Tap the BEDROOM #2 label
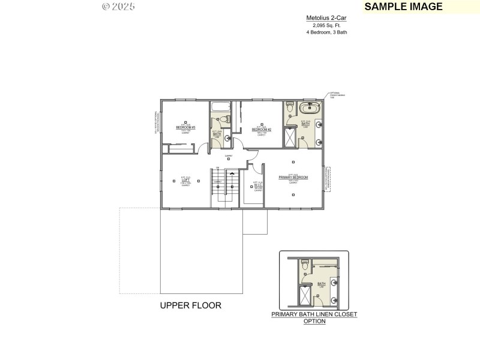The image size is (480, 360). (262, 130)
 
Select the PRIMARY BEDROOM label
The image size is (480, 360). (293, 178)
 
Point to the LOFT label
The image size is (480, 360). (185, 180)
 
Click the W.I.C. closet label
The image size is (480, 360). (258, 185)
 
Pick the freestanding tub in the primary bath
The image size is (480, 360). (310, 109)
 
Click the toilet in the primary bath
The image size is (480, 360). (289, 109)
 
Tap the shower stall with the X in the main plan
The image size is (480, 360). (289, 137)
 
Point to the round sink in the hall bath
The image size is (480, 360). (227, 137)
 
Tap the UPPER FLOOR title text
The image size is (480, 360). (190, 305)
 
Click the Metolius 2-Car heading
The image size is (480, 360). (326, 19)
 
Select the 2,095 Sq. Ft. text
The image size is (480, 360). (326, 26)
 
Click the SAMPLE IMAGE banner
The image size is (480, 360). (403, 7)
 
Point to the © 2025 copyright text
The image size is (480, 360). (118, 7)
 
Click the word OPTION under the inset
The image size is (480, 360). (314, 321)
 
